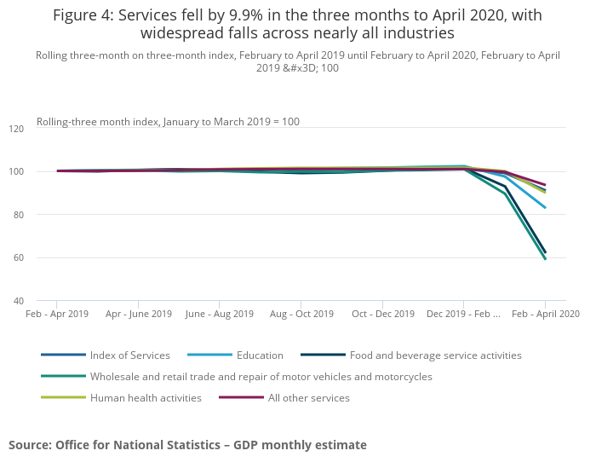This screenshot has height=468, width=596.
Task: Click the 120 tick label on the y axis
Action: point(41,129)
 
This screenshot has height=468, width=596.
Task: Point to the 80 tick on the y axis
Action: point(41,215)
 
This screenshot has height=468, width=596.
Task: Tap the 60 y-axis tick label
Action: point(41,257)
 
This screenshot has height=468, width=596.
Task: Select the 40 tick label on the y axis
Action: point(41,301)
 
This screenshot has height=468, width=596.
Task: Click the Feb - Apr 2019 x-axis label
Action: point(56,314)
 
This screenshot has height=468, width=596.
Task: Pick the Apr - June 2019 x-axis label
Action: point(138,314)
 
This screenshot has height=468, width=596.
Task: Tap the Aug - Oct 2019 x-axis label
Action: point(301,314)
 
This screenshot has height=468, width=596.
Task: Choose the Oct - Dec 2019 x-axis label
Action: point(382,314)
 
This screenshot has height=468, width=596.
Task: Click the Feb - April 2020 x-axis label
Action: point(545,314)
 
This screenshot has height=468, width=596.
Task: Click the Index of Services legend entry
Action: point(129,355)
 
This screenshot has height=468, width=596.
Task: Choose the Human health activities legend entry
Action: point(145,397)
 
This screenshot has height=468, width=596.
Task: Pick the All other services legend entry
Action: point(309,397)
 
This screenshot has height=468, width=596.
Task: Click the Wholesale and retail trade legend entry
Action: point(261,376)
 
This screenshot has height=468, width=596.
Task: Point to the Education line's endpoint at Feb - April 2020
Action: point(545,207)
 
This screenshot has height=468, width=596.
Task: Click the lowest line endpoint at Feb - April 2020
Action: point(545,258)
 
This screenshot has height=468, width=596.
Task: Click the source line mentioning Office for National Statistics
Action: point(187,445)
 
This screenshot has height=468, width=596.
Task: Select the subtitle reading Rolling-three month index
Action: point(168,122)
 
